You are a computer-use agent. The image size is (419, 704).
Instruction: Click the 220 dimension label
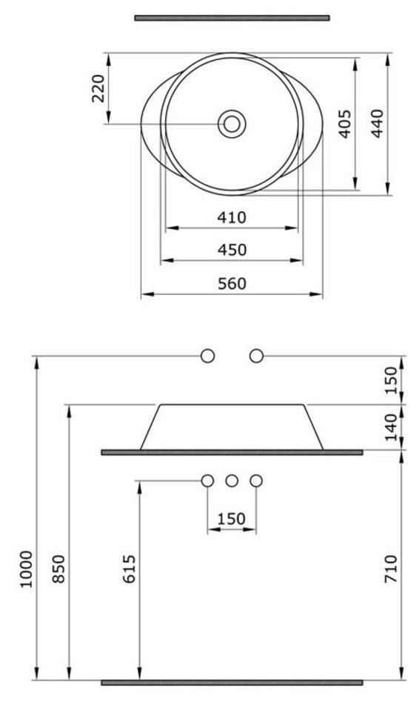click(98, 88)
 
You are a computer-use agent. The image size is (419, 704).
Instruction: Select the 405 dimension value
click(344, 124)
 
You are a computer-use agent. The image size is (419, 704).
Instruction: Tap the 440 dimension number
click(378, 124)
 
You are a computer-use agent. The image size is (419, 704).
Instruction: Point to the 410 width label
click(232, 217)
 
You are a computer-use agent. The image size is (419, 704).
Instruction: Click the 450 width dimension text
click(232, 250)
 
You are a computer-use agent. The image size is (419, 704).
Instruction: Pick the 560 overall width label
click(232, 284)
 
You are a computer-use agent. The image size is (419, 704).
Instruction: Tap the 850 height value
click(58, 569)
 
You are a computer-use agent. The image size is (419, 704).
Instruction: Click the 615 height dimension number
click(130, 569)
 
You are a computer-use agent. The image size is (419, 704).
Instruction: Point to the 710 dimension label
click(391, 569)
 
